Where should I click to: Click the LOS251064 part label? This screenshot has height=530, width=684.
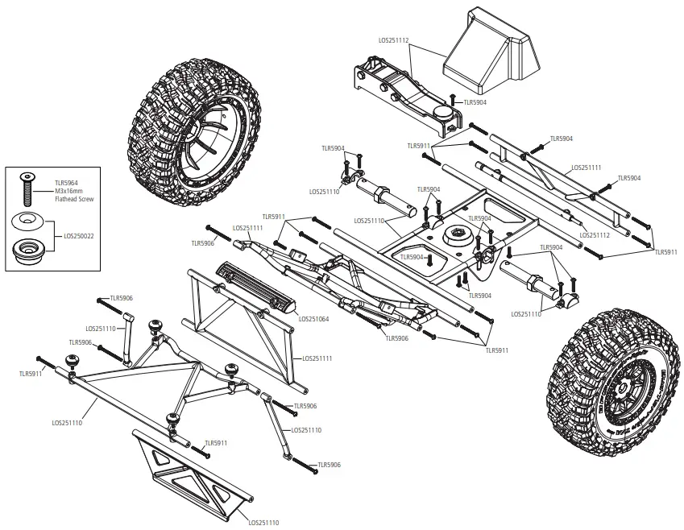tap(314, 318)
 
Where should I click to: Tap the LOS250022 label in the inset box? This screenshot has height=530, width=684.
tap(79, 236)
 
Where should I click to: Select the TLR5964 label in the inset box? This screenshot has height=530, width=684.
tap(66, 183)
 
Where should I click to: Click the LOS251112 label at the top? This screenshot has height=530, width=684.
tap(394, 39)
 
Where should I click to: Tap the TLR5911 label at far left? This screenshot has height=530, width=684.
tap(31, 374)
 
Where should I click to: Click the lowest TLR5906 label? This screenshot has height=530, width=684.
tap(329, 465)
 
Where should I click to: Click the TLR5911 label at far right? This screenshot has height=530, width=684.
tap(665, 252)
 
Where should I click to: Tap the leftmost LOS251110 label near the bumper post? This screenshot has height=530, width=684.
tap(101, 329)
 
